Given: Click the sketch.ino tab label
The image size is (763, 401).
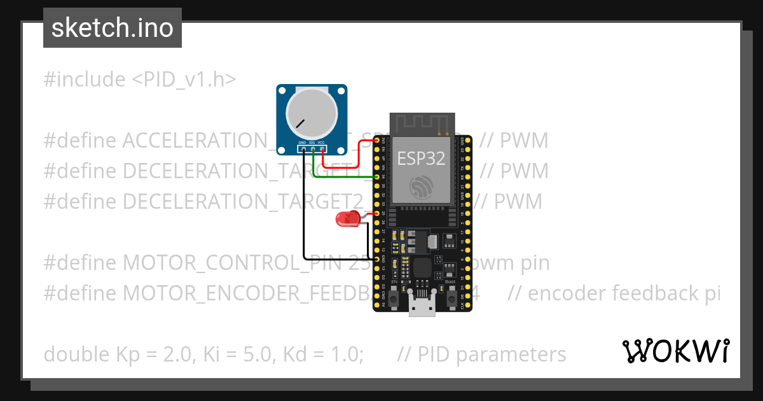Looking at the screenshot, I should click(x=112, y=28).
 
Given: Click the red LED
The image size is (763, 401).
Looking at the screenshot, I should click(x=347, y=220).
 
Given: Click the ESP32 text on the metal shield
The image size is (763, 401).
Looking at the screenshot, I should click(x=421, y=158).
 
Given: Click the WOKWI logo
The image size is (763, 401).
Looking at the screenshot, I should click(x=675, y=351).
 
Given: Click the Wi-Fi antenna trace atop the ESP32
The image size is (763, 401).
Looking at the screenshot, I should click(x=421, y=123).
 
